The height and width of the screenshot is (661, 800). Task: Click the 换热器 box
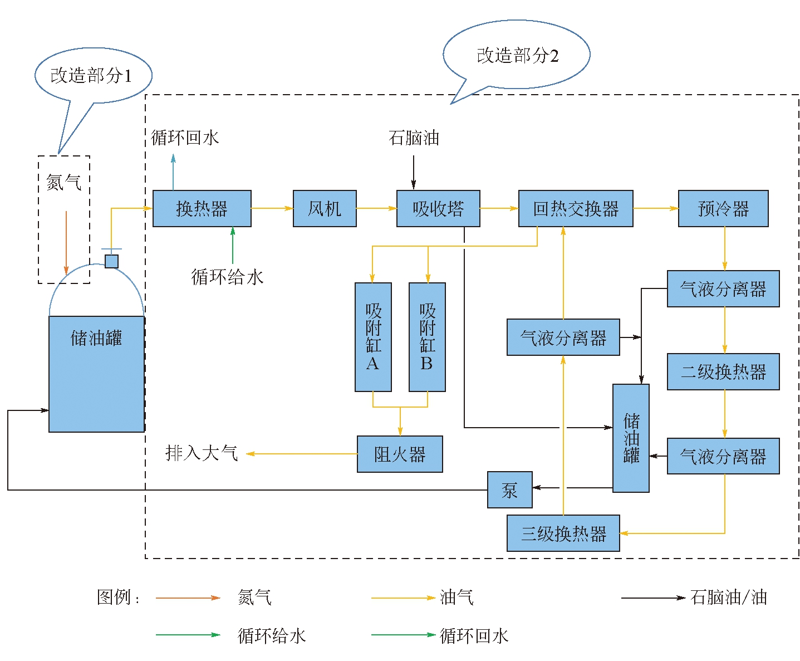202,209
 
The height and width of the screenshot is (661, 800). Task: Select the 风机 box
325,209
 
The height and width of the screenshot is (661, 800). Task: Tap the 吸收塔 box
438,209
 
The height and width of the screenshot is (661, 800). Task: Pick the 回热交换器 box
576,209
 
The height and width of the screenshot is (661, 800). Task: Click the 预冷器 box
723,209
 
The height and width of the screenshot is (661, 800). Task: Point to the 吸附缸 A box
373,337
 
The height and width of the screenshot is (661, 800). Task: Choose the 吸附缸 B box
427,337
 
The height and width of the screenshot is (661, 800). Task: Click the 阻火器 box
400,454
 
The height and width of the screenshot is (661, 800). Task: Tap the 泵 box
509,490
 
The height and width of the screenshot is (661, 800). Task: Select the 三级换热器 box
563,533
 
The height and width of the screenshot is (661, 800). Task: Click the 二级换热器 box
723,371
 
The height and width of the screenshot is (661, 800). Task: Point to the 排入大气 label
202,453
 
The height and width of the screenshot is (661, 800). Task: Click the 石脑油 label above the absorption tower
414,138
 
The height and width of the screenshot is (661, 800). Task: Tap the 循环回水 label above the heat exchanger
185,138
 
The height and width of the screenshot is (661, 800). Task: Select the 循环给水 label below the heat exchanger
227,277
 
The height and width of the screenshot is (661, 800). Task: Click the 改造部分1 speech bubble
92,76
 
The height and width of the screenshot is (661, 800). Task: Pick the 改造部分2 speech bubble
517,56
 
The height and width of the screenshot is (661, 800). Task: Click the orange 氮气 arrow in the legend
188,598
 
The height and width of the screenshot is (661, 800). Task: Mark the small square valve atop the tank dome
111,261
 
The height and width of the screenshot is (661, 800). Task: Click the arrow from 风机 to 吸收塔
376,208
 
